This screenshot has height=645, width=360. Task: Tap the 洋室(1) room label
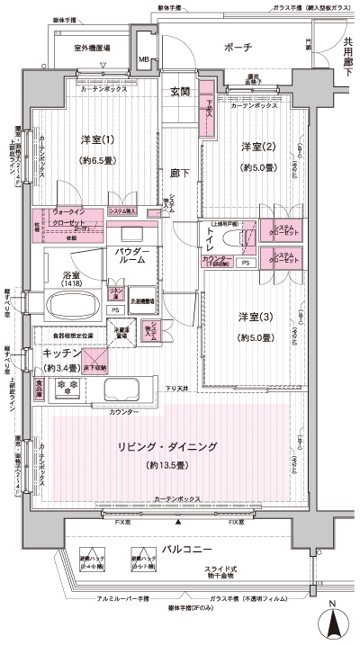[x=98, y=139]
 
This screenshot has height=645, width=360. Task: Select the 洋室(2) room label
[x=256, y=146]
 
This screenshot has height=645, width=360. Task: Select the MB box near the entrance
[x=143, y=60]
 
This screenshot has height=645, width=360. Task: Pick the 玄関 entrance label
[x=180, y=90]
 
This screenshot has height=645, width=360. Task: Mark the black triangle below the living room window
[x=179, y=523]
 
